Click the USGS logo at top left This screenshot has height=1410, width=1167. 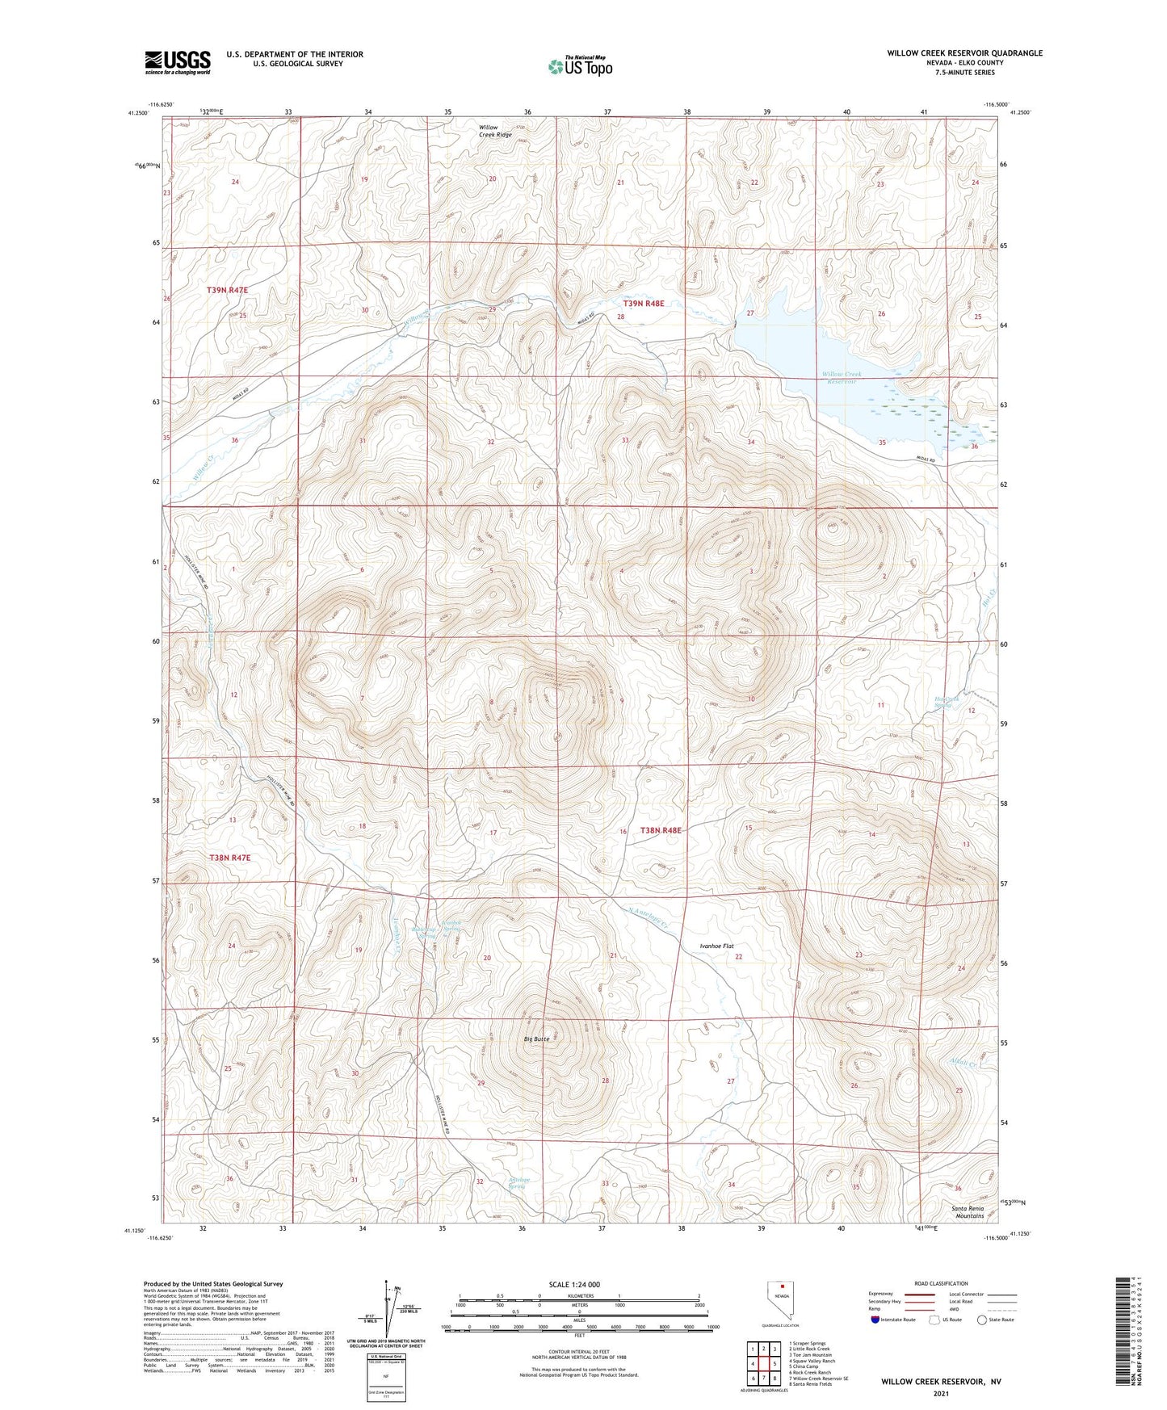tap(178, 62)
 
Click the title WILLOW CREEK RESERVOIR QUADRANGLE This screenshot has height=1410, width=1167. tap(964, 53)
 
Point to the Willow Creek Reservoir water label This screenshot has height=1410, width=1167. tap(842, 377)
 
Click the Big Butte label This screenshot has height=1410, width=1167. tap(536, 1039)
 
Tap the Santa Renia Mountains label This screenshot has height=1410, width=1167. tap(969, 1211)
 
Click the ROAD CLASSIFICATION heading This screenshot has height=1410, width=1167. tap(942, 1283)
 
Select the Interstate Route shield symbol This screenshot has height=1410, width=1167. tap(875, 1320)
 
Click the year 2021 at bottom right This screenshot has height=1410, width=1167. tap(941, 1393)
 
